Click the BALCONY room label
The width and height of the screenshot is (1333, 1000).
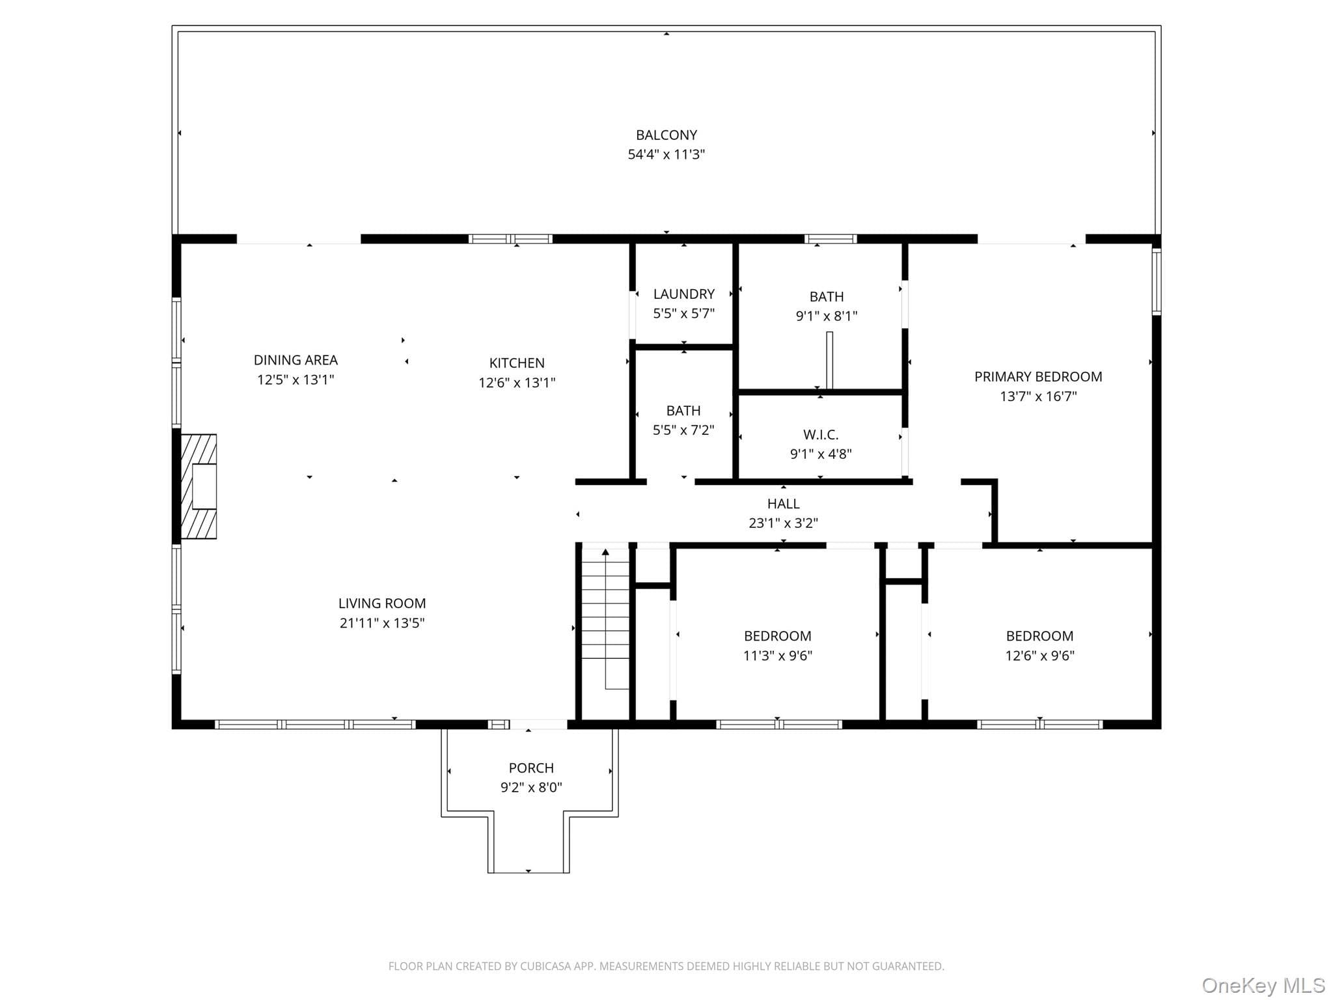pyautogui.click(x=666, y=135)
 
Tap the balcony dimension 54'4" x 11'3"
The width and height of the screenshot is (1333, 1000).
pyautogui.click(x=666, y=154)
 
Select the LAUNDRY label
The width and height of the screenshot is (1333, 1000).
pyautogui.click(x=683, y=294)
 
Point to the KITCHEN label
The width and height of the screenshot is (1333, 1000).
pyautogui.click(x=517, y=363)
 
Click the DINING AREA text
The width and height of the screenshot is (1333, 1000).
pyautogui.click(x=295, y=359)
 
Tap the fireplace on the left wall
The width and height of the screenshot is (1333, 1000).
pyautogui.click(x=199, y=486)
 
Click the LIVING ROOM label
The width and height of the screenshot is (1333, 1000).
pyautogui.click(x=382, y=603)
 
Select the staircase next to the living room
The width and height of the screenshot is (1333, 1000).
pyautogui.click(x=605, y=618)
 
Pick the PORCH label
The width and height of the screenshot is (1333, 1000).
pyautogui.click(x=531, y=768)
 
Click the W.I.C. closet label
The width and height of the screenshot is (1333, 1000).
pyautogui.click(x=821, y=434)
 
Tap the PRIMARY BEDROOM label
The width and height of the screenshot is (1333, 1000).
pyautogui.click(x=1038, y=376)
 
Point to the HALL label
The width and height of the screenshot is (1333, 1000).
pyautogui.click(x=783, y=503)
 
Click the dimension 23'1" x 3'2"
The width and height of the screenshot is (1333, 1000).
pyautogui.click(x=783, y=523)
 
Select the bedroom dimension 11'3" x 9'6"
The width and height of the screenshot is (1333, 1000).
pyautogui.click(x=778, y=656)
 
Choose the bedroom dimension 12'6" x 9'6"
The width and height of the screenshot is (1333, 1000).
pyautogui.click(x=1039, y=656)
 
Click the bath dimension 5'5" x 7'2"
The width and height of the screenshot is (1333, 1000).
pyautogui.click(x=683, y=430)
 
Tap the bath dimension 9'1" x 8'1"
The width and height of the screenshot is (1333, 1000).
pyautogui.click(x=827, y=316)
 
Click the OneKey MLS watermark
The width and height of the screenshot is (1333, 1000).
pyautogui.click(x=1263, y=985)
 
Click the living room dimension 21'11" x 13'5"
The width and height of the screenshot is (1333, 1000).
pyautogui.click(x=382, y=623)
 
